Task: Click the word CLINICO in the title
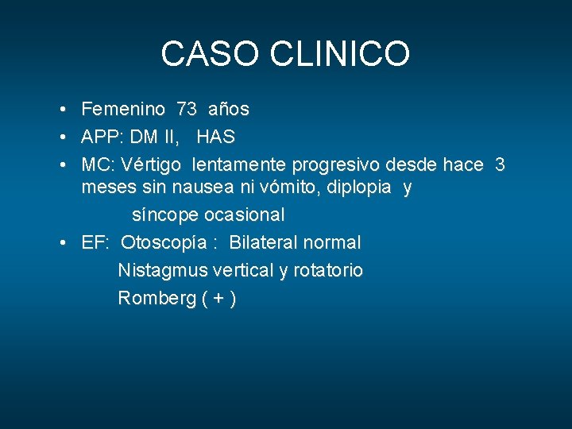[x=341, y=54]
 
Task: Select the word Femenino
[x=123, y=109]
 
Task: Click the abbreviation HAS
[x=215, y=137]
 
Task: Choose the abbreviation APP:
[x=102, y=137]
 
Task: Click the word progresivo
[x=336, y=164]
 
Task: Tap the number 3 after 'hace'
[x=500, y=164]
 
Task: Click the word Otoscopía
[x=161, y=243]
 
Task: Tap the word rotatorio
[x=328, y=271]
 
